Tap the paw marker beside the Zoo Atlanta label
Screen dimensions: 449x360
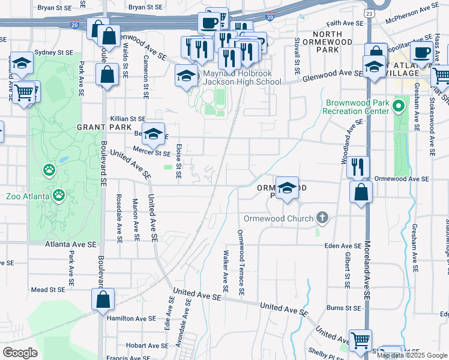click(59, 195)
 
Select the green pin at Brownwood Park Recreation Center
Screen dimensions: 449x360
click(397, 107)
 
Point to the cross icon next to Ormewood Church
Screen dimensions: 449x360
click(322, 217)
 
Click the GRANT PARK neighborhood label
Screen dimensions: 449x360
click(100, 128)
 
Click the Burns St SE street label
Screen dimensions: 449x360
click(343, 308)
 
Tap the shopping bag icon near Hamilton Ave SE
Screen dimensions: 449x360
click(103, 299)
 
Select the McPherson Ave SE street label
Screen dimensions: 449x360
click(413, 10)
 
